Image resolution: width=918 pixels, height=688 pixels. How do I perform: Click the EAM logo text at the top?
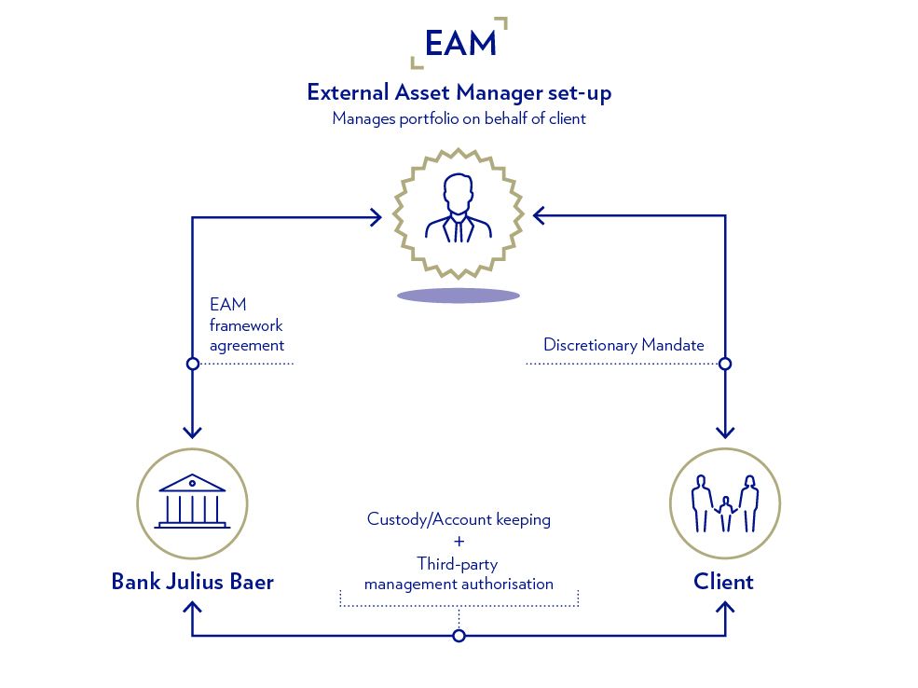(x=459, y=43)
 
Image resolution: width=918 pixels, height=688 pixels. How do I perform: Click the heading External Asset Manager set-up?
(x=459, y=93)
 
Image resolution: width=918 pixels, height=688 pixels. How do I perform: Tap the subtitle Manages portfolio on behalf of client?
(x=459, y=119)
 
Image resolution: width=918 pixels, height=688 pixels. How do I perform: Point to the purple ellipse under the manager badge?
(x=458, y=296)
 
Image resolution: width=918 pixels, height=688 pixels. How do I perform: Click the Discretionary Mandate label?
(x=623, y=345)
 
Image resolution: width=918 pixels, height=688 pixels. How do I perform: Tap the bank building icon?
(x=192, y=502)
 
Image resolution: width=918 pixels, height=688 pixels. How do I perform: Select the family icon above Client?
(x=724, y=504)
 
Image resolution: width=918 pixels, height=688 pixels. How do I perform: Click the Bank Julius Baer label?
(x=192, y=582)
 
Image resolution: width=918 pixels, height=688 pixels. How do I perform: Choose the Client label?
(x=723, y=582)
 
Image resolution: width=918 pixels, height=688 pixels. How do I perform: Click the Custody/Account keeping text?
(x=459, y=519)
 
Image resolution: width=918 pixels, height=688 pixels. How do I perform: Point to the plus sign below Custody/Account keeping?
(x=459, y=542)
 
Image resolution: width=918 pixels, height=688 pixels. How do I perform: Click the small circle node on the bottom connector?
(x=459, y=636)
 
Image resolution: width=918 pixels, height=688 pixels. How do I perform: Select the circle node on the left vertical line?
(x=192, y=364)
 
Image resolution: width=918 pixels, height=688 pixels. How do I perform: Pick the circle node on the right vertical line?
(x=725, y=364)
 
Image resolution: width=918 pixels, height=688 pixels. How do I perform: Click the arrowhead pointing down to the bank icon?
(x=192, y=433)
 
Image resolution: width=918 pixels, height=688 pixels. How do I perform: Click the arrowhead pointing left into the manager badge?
(x=539, y=216)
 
